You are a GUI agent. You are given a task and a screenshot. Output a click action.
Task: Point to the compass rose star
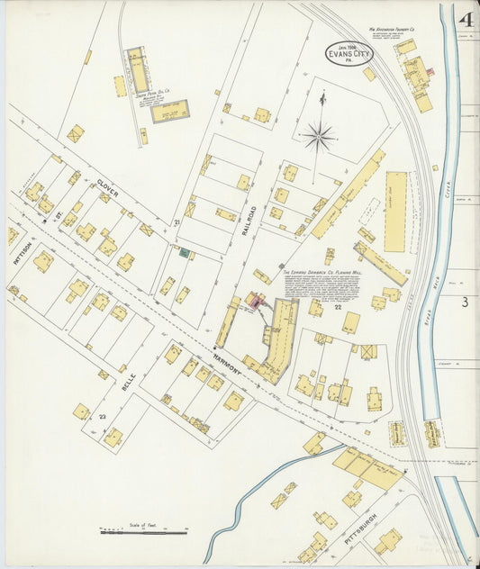click(x=318, y=137)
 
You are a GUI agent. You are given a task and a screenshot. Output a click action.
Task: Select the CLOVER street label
click(x=109, y=190)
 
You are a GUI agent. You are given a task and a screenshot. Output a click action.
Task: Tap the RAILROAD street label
click(x=251, y=220)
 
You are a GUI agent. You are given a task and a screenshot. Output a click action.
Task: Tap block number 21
click(x=177, y=221)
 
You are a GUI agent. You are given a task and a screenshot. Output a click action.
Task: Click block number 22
click(x=338, y=308)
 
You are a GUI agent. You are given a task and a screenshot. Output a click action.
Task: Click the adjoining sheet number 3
click(x=465, y=303)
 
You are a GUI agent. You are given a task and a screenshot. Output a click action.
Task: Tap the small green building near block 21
click(x=185, y=253)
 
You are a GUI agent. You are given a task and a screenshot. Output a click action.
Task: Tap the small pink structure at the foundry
click(x=430, y=71)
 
